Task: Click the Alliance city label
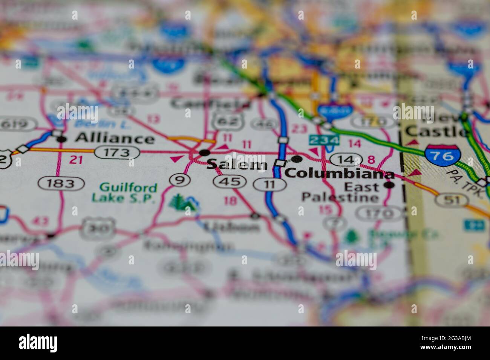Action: pyautogui.click(x=115, y=138)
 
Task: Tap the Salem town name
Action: pyautogui.click(x=237, y=164)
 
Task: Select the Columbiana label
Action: pyautogui.click(x=339, y=174)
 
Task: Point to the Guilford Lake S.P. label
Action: pyautogui.click(x=124, y=192)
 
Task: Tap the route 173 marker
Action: pyautogui.click(x=117, y=153)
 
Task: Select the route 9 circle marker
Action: pyautogui.click(x=179, y=180)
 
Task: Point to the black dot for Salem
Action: pyautogui.click(x=205, y=153)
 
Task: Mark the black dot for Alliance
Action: pyautogui.click(x=62, y=139)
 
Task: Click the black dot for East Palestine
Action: pyautogui.click(x=389, y=185)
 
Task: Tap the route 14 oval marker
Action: pyautogui.click(x=346, y=159)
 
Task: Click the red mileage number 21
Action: pyautogui.click(x=76, y=160)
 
